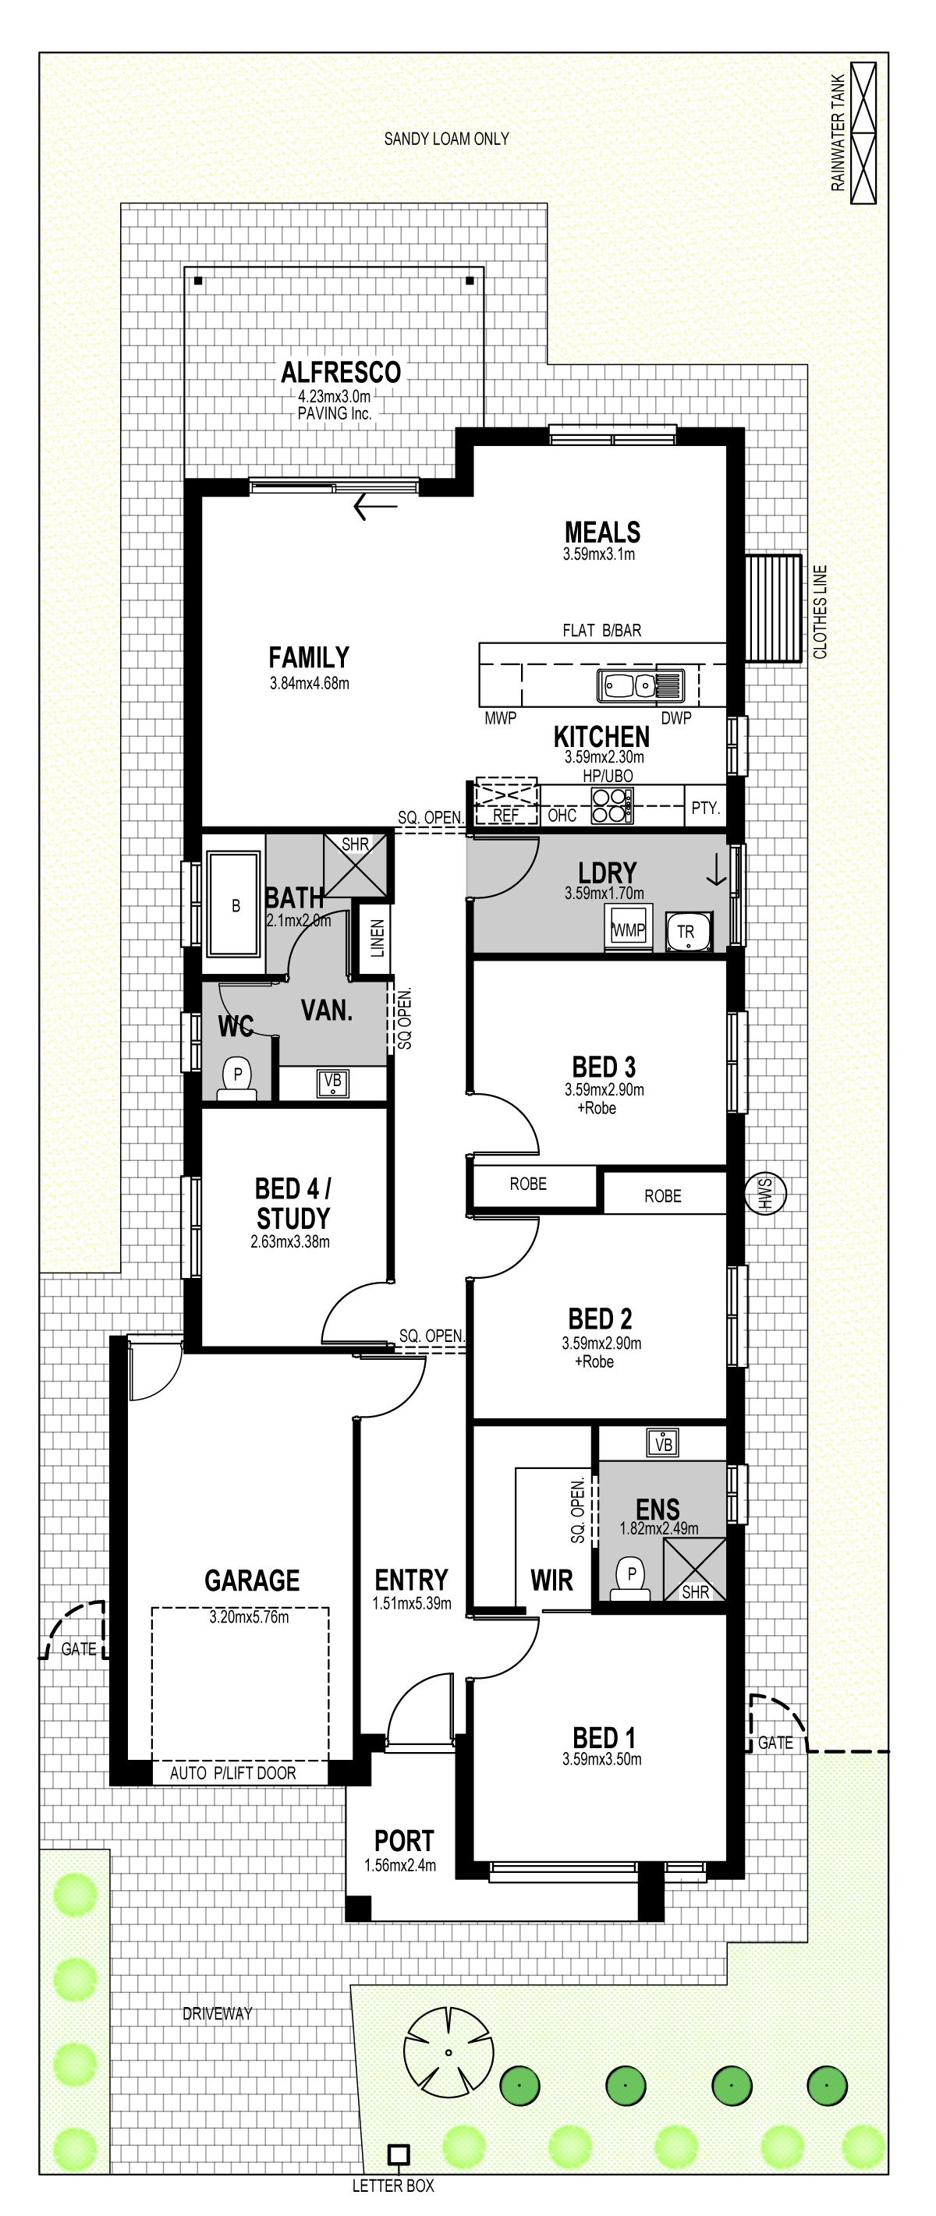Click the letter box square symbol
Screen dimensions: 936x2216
pyautogui.click(x=399, y=2154)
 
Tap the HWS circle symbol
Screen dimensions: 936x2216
pyautogui.click(x=765, y=1193)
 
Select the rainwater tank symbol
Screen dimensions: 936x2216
pyautogui.click(x=863, y=133)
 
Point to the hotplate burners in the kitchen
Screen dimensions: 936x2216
pyautogui.click(x=611, y=806)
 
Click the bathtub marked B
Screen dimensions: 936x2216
pyautogui.click(x=234, y=904)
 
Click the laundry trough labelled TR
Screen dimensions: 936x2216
pyautogui.click(x=688, y=932)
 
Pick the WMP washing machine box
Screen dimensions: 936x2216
pyautogui.click(x=629, y=928)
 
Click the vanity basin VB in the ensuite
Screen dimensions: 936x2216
pyautogui.click(x=662, y=1443)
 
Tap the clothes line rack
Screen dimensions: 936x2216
pyautogui.click(x=772, y=608)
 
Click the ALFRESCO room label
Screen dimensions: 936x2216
pyautogui.click(x=341, y=373)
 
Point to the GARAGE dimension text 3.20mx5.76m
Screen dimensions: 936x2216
pyautogui.click(x=249, y=1616)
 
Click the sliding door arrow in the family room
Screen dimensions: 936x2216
pyautogui.click(x=376, y=507)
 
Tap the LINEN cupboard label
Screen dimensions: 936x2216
pyautogui.click(x=377, y=939)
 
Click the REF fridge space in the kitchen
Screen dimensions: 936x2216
pyautogui.click(x=506, y=802)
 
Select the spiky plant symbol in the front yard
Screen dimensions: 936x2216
pyautogui.click(x=448, y=2052)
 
